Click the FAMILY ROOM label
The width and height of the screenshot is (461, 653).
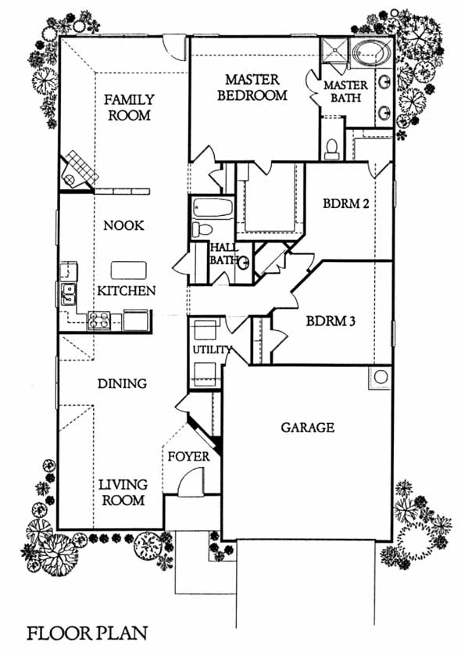pos(129,107)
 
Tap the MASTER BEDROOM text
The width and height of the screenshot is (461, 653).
pos(252,88)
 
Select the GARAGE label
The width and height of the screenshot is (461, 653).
pos(308,427)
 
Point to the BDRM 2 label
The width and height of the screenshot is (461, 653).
pos(345,203)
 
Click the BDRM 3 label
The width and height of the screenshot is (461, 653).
pos(331,321)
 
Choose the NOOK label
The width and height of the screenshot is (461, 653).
pos(123,225)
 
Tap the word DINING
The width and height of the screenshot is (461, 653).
pos(122,383)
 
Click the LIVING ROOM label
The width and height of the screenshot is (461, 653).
pos(123,492)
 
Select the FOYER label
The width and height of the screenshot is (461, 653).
pos(188,457)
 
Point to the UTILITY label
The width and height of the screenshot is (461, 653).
pos(212,350)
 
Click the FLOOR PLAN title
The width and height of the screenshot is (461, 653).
pos(88,633)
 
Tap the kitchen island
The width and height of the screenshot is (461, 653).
pos(129,271)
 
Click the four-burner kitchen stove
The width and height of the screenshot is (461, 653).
pos(98,321)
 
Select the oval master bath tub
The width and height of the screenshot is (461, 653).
pos(372,53)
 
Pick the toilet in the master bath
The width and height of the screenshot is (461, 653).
pos(331,149)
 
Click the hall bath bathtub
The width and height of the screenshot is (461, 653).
pos(213,207)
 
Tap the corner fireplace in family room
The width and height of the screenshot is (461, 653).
pos(78,171)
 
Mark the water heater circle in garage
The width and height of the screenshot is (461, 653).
pos(381,377)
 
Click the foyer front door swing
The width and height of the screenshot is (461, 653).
pos(191,483)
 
